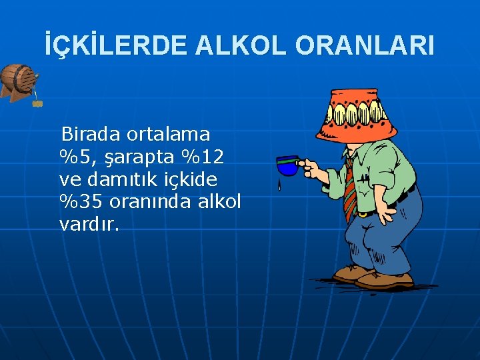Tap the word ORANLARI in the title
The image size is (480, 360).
(365, 45)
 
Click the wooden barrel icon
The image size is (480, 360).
(18, 82)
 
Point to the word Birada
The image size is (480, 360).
(91, 134)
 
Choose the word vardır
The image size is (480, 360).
(89, 224)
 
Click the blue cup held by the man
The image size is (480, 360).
(287, 165)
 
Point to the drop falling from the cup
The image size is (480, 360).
(279, 185)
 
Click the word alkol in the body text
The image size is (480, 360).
(219, 201)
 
